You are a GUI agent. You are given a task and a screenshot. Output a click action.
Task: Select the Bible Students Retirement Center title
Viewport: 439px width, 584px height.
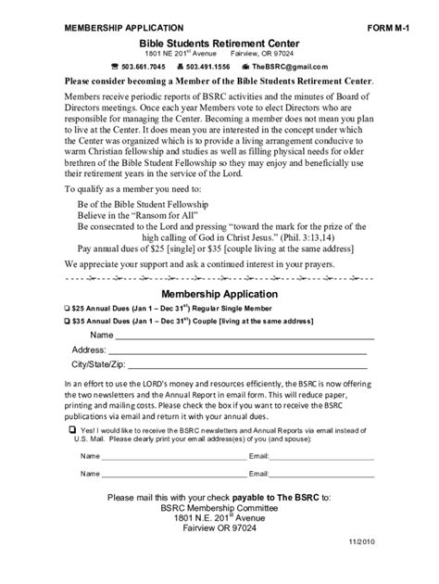[219, 44]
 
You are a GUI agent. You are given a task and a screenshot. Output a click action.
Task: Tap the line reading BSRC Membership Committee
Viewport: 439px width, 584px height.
[219, 511]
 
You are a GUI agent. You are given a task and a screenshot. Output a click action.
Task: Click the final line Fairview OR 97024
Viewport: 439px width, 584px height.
[219, 535]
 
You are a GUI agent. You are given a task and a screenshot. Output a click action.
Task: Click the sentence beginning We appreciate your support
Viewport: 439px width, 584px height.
[212, 264]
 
